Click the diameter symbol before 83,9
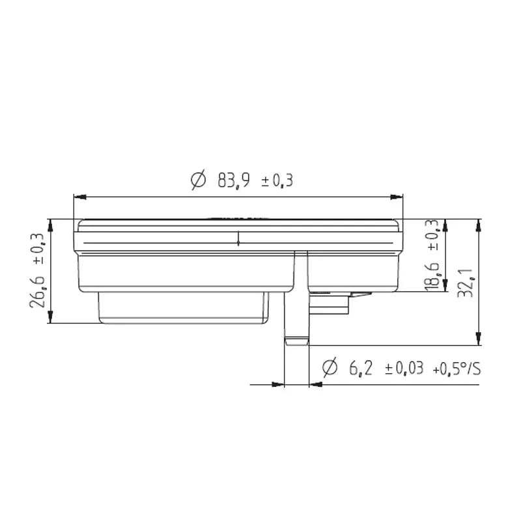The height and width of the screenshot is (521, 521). point(199,180)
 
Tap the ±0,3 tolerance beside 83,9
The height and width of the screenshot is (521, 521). point(277,180)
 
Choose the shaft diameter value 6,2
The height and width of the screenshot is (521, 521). point(361,369)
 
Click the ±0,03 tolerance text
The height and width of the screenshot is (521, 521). point(404,369)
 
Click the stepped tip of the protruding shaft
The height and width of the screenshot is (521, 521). point(296,341)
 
